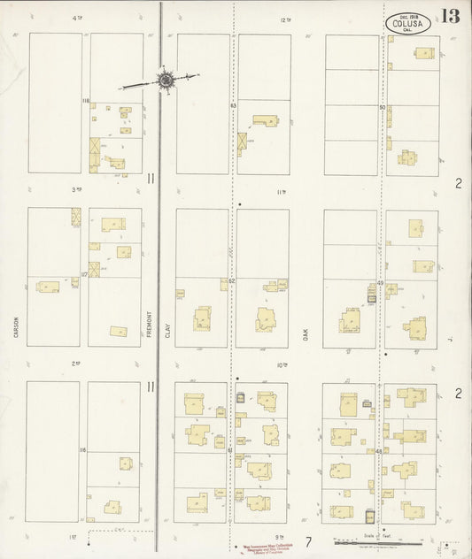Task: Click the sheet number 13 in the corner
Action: (450, 17)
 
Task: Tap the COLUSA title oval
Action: (408, 24)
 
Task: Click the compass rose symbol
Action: (165, 80)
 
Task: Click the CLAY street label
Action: (166, 306)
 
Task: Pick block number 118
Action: (86, 102)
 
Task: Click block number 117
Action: (84, 275)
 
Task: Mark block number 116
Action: (82, 450)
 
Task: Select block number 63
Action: (232, 105)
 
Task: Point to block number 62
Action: (231, 280)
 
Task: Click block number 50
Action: (382, 108)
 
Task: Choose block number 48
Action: (379, 451)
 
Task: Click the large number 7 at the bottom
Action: (308, 540)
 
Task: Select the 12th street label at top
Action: (284, 19)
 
